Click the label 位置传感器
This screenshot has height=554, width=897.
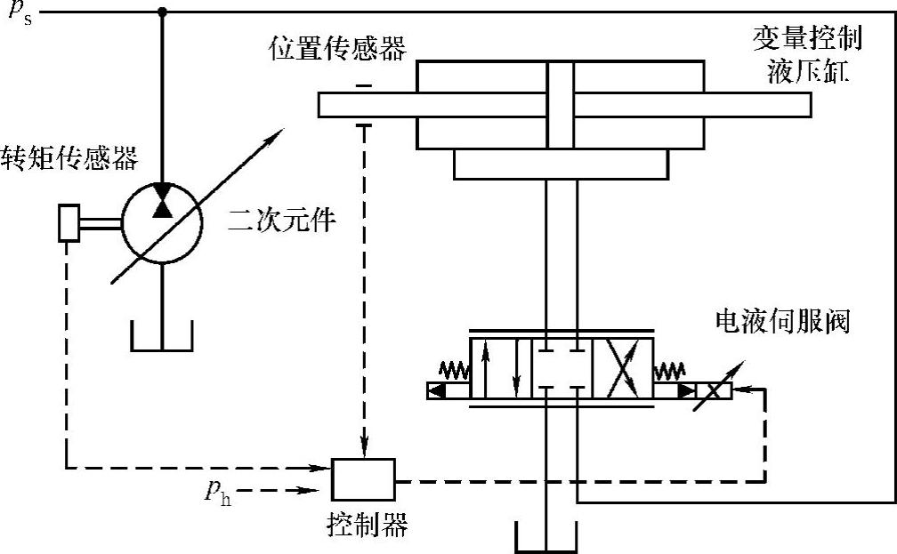pyautogui.click(x=338, y=48)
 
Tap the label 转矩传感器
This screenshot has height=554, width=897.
pyautogui.click(x=70, y=157)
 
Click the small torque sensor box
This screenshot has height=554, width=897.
pyautogui.click(x=69, y=222)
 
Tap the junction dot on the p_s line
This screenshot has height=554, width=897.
pyautogui.click(x=161, y=12)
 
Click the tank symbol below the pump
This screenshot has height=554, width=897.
pyautogui.click(x=162, y=336)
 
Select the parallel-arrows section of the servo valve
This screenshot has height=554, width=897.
pyautogui.click(x=501, y=367)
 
